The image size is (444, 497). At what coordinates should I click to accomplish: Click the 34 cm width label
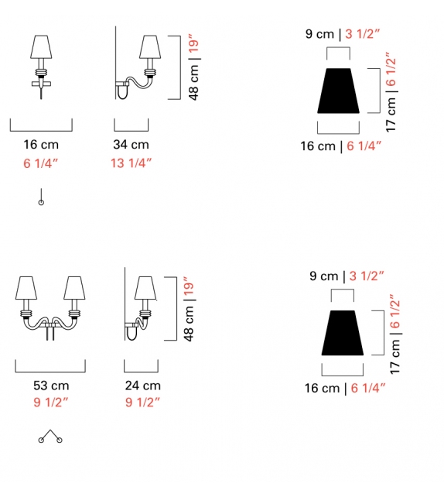click(x=131, y=145)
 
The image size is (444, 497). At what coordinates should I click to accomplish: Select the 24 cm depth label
click(x=142, y=386)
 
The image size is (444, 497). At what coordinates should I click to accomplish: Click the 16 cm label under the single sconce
click(x=41, y=145)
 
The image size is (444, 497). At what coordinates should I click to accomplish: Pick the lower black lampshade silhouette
click(x=343, y=332)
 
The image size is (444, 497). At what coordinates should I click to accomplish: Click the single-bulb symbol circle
click(x=41, y=203)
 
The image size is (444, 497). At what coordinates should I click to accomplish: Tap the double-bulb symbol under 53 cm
click(x=51, y=437)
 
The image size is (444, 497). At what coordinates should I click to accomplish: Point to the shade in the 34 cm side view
click(x=149, y=48)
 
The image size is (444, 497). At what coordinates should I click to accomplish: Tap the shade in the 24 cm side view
click(x=144, y=288)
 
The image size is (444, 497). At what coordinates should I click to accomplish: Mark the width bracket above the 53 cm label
click(x=52, y=369)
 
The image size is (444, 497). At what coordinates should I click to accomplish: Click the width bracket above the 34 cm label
click(x=131, y=129)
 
